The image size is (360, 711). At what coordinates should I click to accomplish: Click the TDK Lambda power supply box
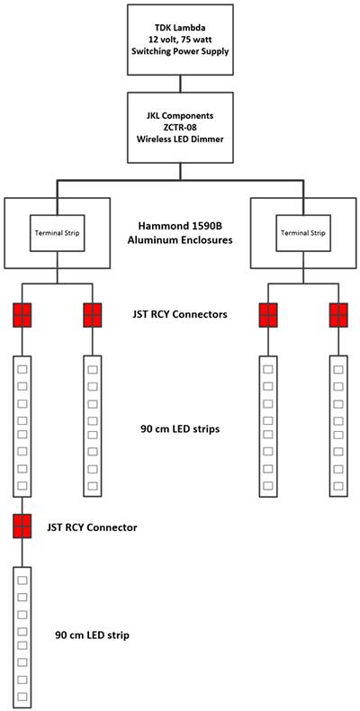pyautogui.click(x=181, y=39)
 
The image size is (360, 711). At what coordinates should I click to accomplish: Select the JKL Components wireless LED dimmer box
pyautogui.click(x=181, y=129)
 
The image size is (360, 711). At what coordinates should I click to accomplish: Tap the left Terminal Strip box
pyautogui.click(x=58, y=232)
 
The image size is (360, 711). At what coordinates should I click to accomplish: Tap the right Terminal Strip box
pyautogui.click(x=303, y=232)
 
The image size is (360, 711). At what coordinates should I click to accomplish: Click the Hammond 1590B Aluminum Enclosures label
pyautogui.click(x=184, y=232)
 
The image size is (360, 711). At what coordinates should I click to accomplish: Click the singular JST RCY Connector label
pyautogui.click(x=93, y=526)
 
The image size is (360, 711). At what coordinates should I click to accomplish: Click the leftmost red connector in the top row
pyautogui.click(x=22, y=315)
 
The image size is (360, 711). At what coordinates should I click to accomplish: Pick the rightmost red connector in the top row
pyautogui.click(x=338, y=315)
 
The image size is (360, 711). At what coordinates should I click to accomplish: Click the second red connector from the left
pyautogui.click(x=93, y=315)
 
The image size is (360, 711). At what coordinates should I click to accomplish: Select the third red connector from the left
pyautogui.click(x=268, y=315)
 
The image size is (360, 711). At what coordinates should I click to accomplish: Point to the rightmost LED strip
pyautogui.click(x=338, y=426)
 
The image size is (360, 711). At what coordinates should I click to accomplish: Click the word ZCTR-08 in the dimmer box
pyautogui.click(x=181, y=129)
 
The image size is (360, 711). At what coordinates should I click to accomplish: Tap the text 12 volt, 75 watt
pyautogui.click(x=181, y=39)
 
